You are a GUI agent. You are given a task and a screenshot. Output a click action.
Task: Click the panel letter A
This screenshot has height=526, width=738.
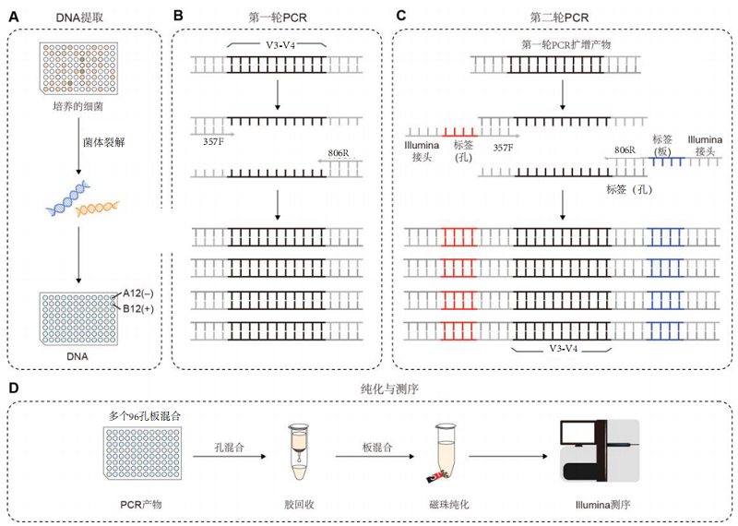pyautogui.click(x=12, y=16)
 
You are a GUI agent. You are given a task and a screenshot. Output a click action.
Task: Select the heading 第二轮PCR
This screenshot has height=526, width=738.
pyautogui.click(x=562, y=17)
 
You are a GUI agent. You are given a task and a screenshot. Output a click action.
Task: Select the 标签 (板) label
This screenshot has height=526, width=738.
pyautogui.click(x=661, y=144)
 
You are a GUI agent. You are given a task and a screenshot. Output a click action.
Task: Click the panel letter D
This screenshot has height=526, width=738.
pyautogui.click(x=12, y=390)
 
